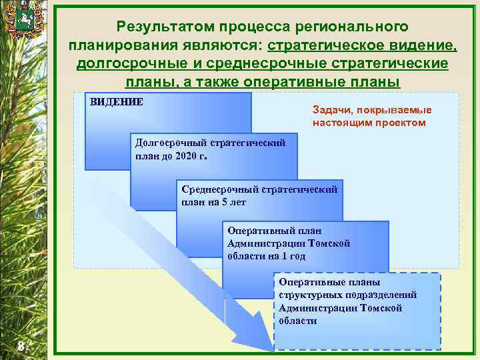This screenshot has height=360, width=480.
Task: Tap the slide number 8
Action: coord(21,345)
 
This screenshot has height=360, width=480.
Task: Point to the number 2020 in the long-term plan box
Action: coord(187,157)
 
